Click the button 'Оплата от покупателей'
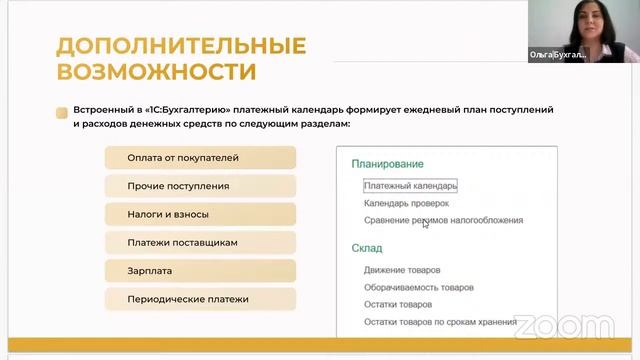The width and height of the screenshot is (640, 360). click(x=200, y=158)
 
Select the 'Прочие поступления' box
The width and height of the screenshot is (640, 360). click(x=200, y=186)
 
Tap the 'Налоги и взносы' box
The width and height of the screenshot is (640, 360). click(x=200, y=214)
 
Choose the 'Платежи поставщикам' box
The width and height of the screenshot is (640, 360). click(x=200, y=242)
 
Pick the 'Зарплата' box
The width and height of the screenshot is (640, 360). click(x=200, y=270)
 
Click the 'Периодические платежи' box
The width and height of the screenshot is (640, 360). click(x=200, y=298)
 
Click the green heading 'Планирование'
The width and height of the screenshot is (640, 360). click(x=387, y=164)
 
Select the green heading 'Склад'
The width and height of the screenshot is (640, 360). click(x=367, y=248)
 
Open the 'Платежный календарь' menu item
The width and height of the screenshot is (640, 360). click(x=410, y=186)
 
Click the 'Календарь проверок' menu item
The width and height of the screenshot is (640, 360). click(x=406, y=203)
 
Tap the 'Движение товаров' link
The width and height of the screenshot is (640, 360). click(x=402, y=270)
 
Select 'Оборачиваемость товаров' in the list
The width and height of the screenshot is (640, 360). click(x=419, y=287)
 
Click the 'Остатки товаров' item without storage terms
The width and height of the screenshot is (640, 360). click(x=398, y=304)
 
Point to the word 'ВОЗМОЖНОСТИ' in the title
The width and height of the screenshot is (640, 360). click(x=156, y=72)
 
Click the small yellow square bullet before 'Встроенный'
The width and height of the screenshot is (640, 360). click(x=62, y=113)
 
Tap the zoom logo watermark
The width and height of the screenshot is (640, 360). click(x=549, y=325)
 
